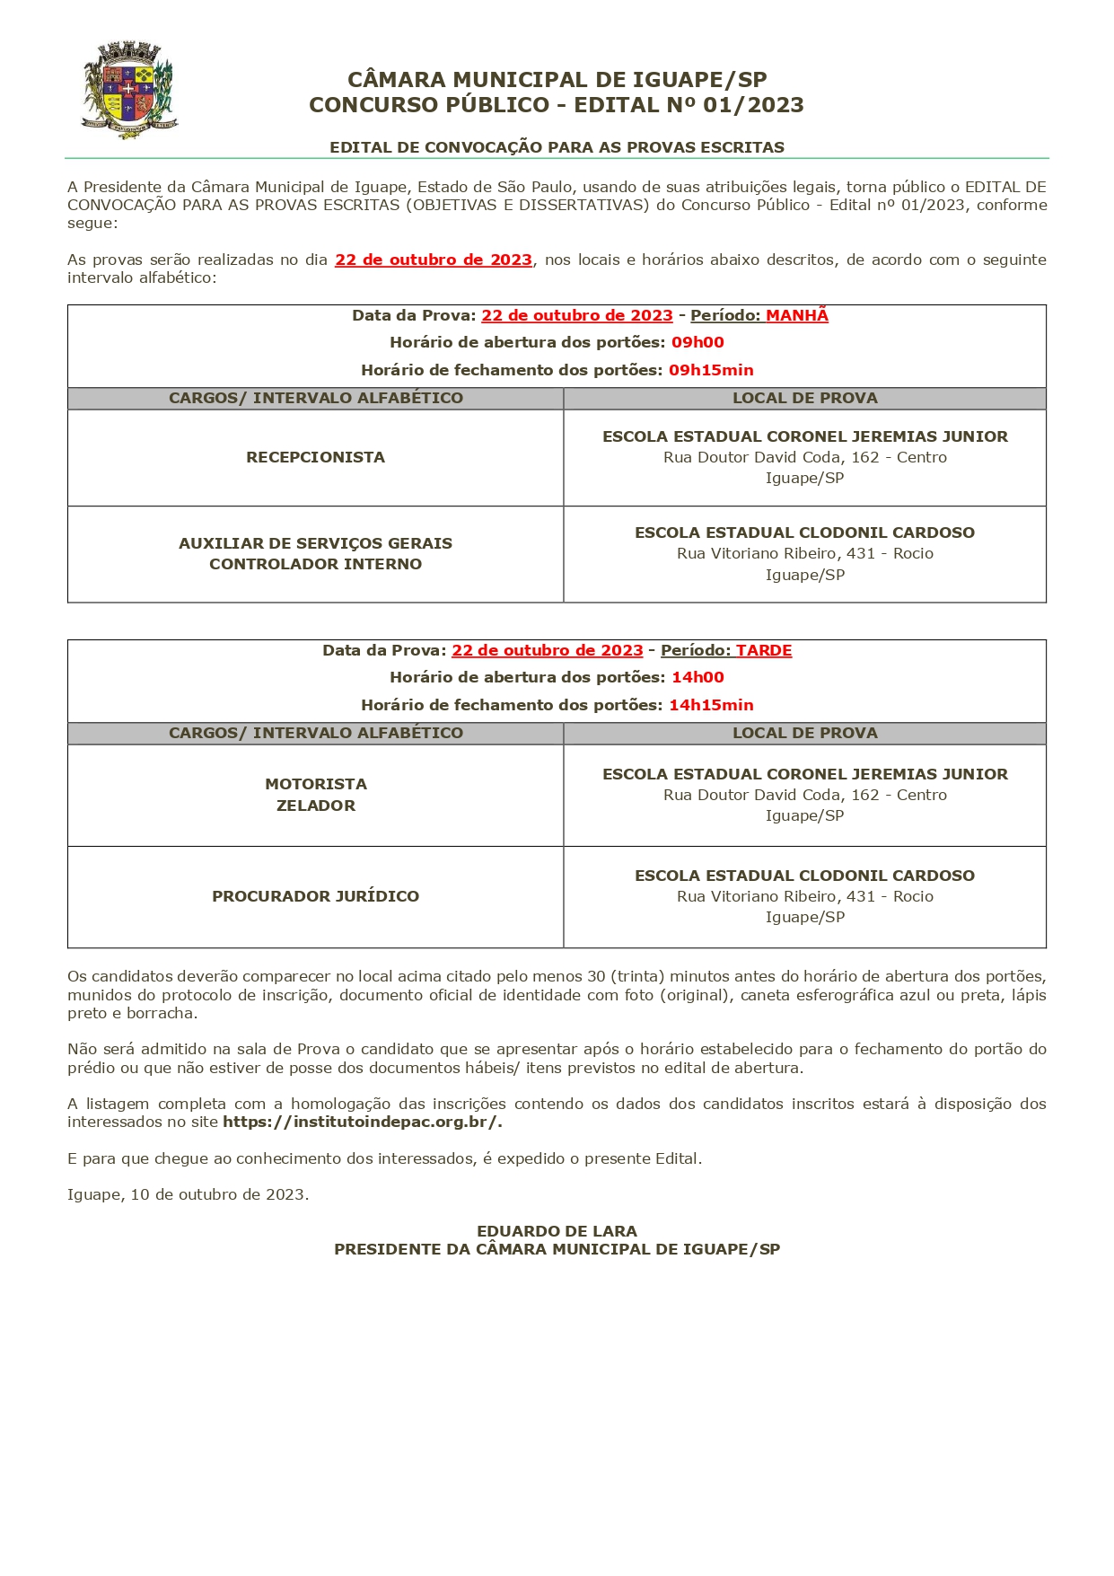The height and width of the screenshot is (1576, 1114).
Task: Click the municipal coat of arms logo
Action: pos(129,89)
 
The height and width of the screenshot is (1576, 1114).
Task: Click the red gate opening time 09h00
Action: pos(697,342)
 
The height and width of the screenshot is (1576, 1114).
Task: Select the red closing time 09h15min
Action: pos(711,370)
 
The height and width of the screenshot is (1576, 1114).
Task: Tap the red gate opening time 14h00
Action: pos(697,677)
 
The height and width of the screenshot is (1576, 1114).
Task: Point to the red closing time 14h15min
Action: pos(711,705)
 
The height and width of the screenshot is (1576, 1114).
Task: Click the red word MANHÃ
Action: pos(796,315)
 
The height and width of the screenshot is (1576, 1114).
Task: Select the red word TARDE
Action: pos(764,650)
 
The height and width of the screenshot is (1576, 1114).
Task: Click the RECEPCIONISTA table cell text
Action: pos(315,457)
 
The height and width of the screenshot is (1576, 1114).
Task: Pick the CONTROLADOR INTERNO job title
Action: pos(315,564)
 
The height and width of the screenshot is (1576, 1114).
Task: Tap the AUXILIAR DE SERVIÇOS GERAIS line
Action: pos(315,543)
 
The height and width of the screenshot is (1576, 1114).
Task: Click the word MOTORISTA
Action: pos(315,784)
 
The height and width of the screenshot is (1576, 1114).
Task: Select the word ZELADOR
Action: pos(315,806)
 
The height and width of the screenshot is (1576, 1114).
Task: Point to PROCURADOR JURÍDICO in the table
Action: pos(315,896)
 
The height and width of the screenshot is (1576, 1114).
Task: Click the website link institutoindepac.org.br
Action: pos(362,1122)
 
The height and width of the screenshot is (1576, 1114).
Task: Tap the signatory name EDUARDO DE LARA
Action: pos(557,1231)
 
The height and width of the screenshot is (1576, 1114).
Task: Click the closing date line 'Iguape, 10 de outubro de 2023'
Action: pos(188,1194)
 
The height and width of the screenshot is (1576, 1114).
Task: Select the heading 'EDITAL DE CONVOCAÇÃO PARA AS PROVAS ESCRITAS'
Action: pos(557,147)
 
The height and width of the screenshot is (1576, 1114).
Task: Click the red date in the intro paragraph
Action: pos(434,260)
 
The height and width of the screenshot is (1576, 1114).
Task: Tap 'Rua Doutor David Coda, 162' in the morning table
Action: pos(771,457)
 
